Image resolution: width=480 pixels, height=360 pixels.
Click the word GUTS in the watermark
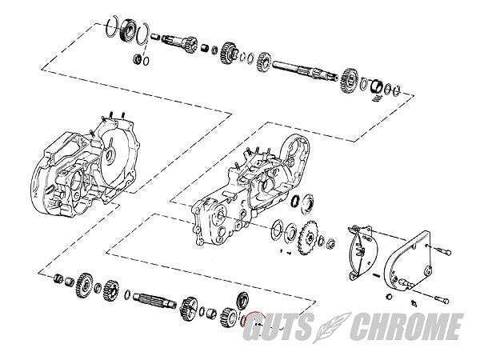click(x=278, y=326)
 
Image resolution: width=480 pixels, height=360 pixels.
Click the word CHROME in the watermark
click(x=406, y=326)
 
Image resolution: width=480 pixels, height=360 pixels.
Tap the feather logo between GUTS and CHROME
click(x=331, y=327)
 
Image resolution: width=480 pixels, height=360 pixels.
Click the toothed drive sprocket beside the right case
click(x=307, y=238)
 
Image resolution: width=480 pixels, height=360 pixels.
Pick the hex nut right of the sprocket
click(x=330, y=244)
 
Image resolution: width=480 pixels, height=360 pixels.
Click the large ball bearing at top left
click(x=128, y=30)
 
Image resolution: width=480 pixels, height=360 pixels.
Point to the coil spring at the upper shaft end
click(x=378, y=98)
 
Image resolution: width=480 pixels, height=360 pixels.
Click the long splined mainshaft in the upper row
click(x=306, y=72)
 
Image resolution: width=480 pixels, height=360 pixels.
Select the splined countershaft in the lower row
click(x=154, y=301)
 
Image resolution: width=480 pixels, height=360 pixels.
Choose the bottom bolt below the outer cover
click(x=441, y=298)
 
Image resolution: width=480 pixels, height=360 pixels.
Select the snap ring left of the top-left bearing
click(x=112, y=26)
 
